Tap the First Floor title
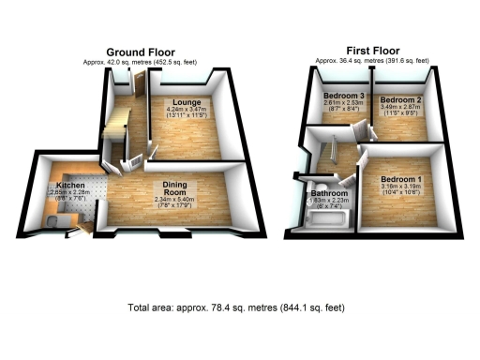[x=371, y=51]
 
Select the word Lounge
[x=182, y=100]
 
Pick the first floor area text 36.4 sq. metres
[x=372, y=60]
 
